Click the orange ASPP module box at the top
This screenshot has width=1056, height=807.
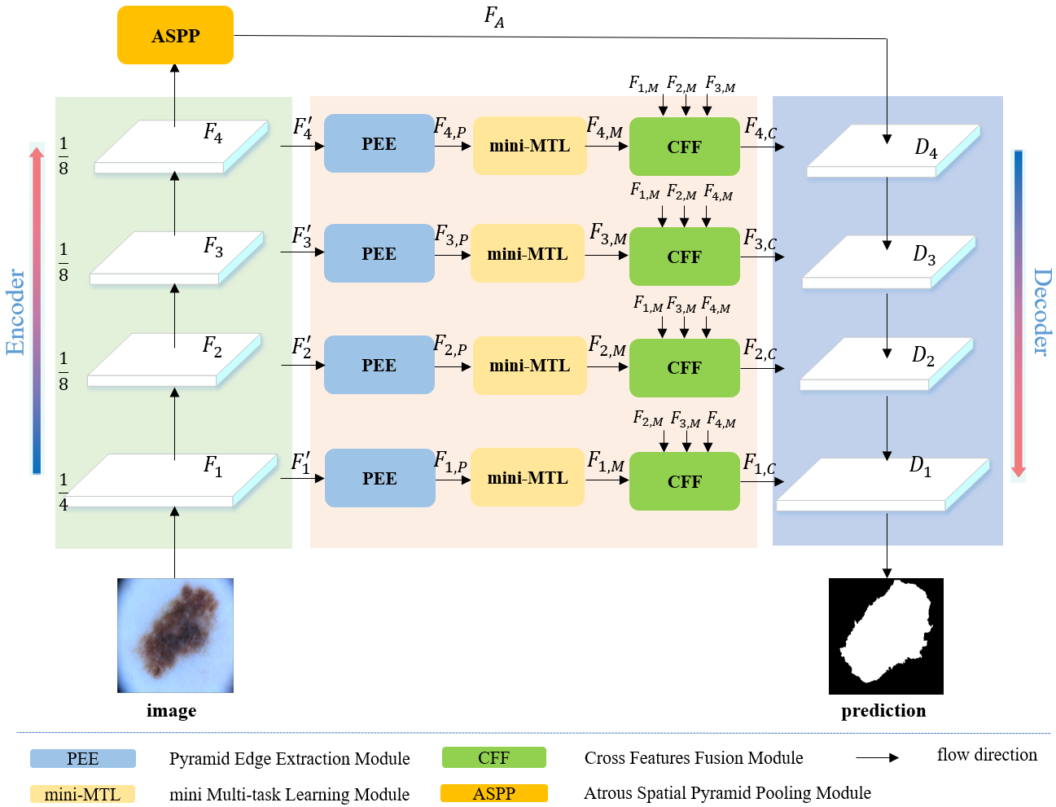click(x=175, y=35)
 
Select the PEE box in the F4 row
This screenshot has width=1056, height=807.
click(x=379, y=143)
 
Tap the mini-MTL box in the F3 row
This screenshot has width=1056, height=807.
click(x=528, y=254)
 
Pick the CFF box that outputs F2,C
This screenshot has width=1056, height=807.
click(x=684, y=367)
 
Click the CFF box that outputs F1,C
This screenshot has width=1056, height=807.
click(x=684, y=481)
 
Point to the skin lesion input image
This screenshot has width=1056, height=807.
click(x=175, y=635)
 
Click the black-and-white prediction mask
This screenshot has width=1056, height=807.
click(x=886, y=636)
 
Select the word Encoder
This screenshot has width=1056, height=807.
click(x=16, y=312)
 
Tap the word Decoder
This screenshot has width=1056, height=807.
click(x=1041, y=312)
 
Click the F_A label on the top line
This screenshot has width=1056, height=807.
click(x=494, y=17)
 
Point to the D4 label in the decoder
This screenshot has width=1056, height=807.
click(x=926, y=148)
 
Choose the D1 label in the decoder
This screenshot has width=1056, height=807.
click(x=920, y=466)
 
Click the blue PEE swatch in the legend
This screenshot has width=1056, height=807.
click(x=83, y=759)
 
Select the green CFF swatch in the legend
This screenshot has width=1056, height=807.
click(x=493, y=758)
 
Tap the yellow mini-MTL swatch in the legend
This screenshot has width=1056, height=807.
click(x=82, y=794)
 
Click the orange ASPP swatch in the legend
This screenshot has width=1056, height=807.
click(x=493, y=793)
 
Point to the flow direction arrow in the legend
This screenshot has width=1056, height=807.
click(x=877, y=757)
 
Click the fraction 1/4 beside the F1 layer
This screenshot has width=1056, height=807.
click(x=64, y=492)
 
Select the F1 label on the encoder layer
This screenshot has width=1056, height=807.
click(x=213, y=466)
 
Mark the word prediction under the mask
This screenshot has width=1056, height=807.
click(x=883, y=711)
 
